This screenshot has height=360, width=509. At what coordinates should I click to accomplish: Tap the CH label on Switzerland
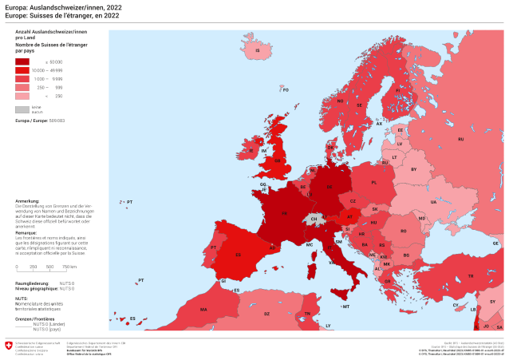(x=314, y=218)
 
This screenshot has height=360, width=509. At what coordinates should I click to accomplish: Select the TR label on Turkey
(x=470, y=275)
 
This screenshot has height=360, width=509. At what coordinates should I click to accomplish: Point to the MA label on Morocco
(x=203, y=309)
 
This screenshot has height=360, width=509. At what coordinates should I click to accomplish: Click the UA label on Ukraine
(x=433, y=202)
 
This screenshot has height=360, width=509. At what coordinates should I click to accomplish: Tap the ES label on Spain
(x=237, y=255)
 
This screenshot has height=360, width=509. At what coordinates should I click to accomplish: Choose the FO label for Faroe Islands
(x=285, y=90)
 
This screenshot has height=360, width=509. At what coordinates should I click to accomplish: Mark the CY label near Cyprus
(x=456, y=304)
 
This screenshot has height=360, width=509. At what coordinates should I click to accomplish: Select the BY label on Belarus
(x=413, y=169)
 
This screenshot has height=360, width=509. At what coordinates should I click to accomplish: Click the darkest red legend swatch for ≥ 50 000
(x=22, y=61)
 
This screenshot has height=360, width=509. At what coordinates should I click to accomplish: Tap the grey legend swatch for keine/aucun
(x=22, y=109)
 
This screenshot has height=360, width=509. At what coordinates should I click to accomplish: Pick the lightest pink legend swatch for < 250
(x=22, y=96)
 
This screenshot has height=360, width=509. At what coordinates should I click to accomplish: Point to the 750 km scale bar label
(x=69, y=267)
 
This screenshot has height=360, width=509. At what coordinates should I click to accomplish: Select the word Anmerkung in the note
(x=28, y=201)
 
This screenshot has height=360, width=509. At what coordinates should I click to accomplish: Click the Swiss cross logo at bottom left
(x=9, y=346)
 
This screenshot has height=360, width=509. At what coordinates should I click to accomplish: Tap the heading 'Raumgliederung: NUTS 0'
(x=45, y=283)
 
